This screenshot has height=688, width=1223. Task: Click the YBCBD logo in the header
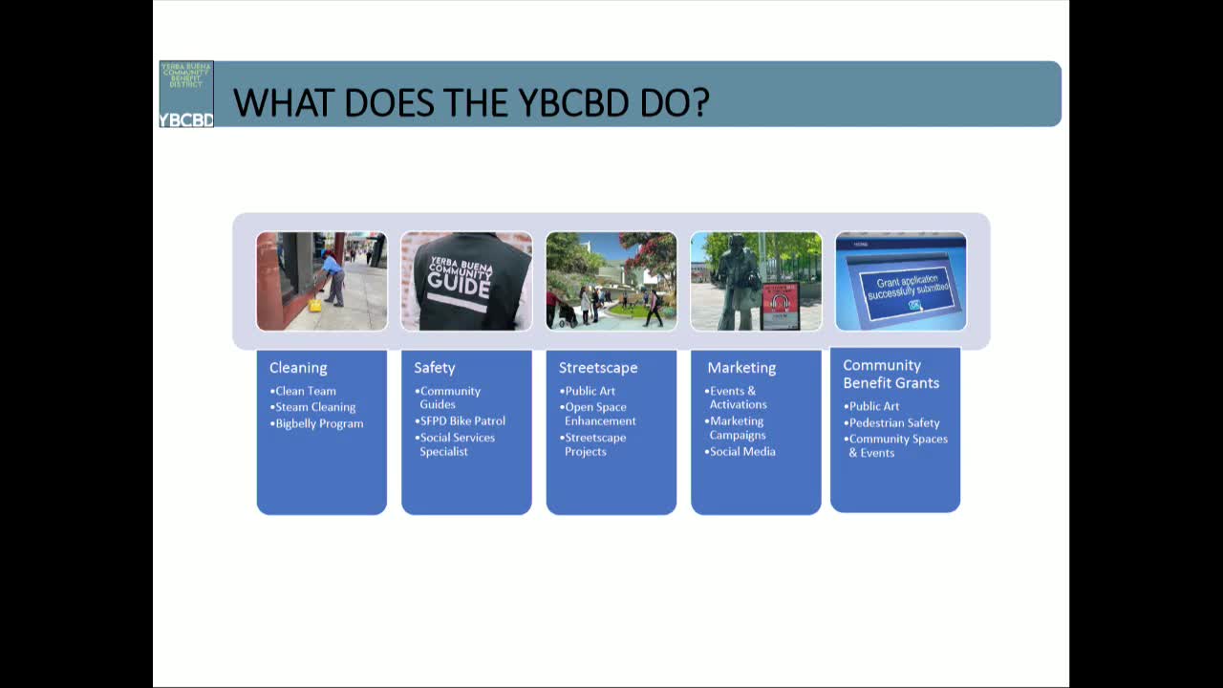186,94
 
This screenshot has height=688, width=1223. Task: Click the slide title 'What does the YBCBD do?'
471,102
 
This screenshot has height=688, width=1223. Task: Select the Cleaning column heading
298,368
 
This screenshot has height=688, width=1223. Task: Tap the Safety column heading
435,368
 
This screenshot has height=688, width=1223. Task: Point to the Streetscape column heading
598,368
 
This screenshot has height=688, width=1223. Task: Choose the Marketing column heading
741,368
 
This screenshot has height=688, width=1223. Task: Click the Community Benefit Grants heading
890,374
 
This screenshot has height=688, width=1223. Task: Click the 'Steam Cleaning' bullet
315,407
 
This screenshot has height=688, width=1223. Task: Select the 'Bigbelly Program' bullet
319,423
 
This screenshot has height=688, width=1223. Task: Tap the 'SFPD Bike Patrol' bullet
462,420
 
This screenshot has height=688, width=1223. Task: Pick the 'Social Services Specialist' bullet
457,444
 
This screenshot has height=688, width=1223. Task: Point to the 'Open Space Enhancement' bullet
598,414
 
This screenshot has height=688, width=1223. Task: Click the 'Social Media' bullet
742,451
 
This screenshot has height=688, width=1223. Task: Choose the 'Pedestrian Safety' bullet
894,422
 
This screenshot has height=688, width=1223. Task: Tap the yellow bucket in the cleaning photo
314,306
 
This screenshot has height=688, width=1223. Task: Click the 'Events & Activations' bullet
736,398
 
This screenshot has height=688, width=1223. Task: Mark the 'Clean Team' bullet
306,391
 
